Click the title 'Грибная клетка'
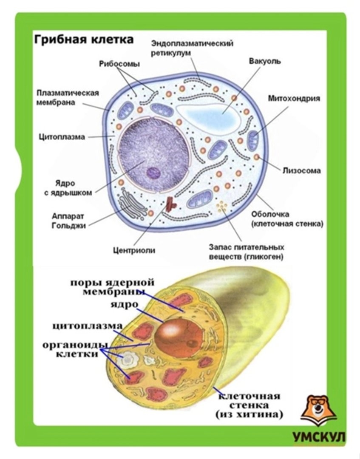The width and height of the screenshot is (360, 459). tap(83, 40)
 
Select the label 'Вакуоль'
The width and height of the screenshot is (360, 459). tap(264, 61)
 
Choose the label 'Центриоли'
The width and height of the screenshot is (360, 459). tap(134, 250)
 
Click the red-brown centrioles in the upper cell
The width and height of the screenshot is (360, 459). tap(171, 204)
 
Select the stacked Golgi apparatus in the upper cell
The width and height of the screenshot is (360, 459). tap(133, 203)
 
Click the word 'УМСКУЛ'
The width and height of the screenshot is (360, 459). tap(319, 437)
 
